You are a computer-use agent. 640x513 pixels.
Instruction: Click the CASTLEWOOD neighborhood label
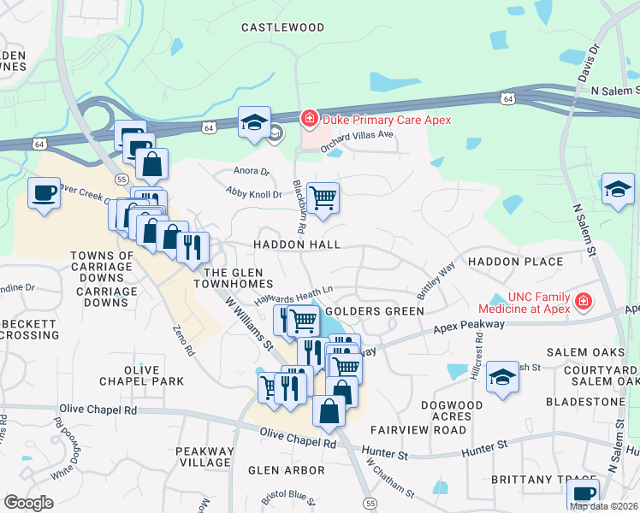[x=282, y=27]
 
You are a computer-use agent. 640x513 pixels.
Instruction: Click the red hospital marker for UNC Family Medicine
[x=584, y=301]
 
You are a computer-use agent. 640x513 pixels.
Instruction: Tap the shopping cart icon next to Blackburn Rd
[x=323, y=198]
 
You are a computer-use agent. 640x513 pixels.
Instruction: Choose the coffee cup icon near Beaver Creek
[x=43, y=192]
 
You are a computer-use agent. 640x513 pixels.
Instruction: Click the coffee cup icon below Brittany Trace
[x=583, y=494]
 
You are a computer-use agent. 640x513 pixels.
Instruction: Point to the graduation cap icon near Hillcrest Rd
[x=502, y=375]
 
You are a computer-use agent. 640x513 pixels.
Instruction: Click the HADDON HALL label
[x=296, y=245]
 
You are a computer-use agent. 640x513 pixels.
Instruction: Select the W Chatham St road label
[x=390, y=479]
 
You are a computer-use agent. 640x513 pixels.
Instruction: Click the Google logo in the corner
[x=29, y=503]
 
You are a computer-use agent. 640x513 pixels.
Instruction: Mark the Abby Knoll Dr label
[x=254, y=195]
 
